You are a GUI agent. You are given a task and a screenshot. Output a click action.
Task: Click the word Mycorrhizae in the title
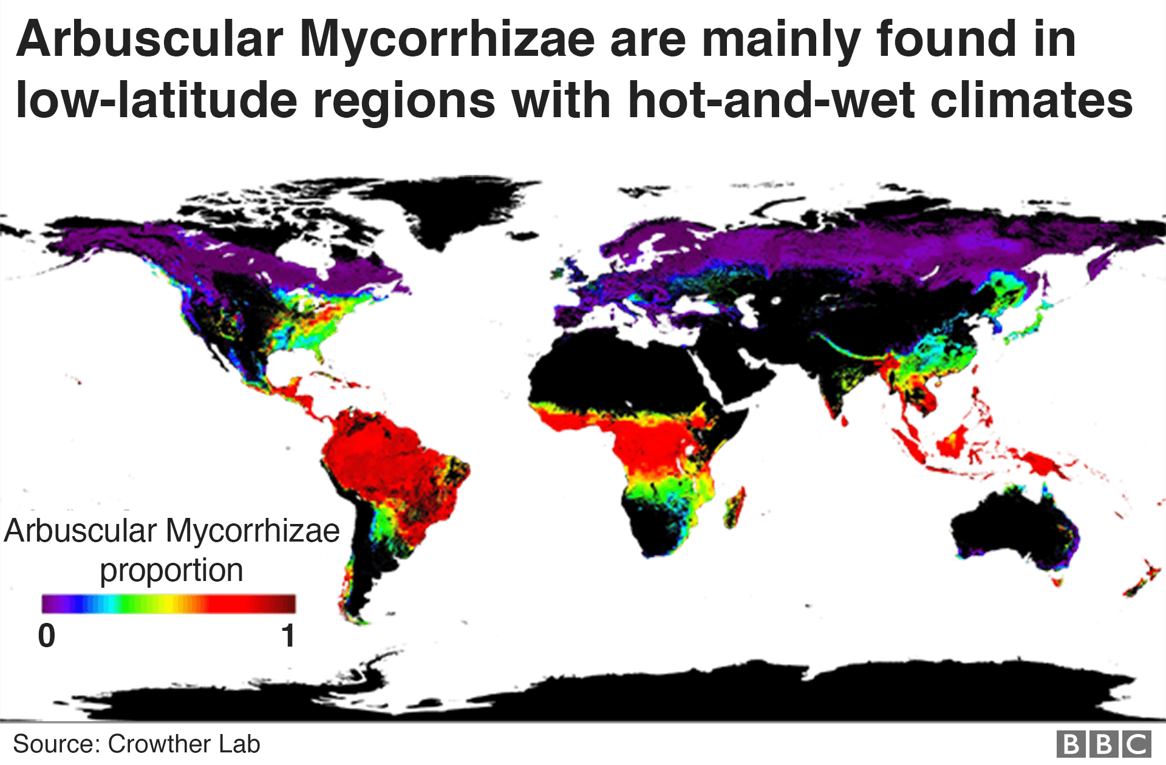click(x=446, y=40)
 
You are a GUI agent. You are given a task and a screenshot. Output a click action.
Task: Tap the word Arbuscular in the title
click(x=150, y=40)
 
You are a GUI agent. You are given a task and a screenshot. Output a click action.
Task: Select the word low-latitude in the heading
click(x=156, y=100)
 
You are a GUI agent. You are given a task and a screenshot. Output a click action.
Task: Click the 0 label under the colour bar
click(x=47, y=636)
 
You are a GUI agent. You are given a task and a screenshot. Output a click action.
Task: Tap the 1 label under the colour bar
click(x=288, y=636)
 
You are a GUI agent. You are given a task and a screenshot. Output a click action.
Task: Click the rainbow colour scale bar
click(x=168, y=603)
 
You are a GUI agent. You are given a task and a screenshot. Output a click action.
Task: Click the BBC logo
click(x=1103, y=744)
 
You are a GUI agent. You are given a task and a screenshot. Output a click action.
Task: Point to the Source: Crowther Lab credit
click(x=136, y=744)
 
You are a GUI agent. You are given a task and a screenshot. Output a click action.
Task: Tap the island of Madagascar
click(x=735, y=508)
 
